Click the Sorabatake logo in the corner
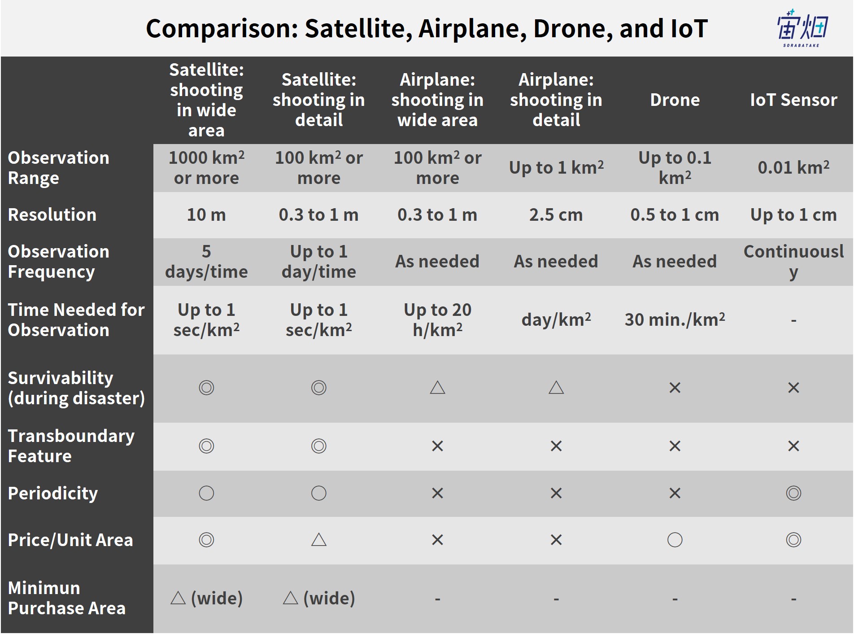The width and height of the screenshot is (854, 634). click(802, 28)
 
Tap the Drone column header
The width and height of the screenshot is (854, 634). click(675, 100)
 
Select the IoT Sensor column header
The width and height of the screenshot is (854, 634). click(793, 100)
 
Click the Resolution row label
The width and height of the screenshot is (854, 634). click(52, 215)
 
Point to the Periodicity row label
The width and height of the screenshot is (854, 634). click(53, 494)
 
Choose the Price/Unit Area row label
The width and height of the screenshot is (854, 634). click(70, 540)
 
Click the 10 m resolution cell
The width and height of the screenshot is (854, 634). click(206, 215)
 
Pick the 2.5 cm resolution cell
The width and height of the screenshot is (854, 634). click(556, 215)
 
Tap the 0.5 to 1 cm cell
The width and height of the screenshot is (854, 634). click(675, 215)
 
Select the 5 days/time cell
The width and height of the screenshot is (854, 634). click(206, 262)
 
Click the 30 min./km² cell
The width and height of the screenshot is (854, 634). click(675, 319)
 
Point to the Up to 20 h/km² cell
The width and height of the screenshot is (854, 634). click(437, 320)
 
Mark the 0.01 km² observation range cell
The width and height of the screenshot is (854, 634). click(793, 167)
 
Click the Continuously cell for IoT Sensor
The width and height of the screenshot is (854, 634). click(793, 262)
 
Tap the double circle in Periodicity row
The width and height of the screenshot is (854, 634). click(793, 493)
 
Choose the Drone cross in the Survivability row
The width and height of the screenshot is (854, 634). click(675, 388)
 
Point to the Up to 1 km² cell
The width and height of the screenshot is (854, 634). click(556, 167)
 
